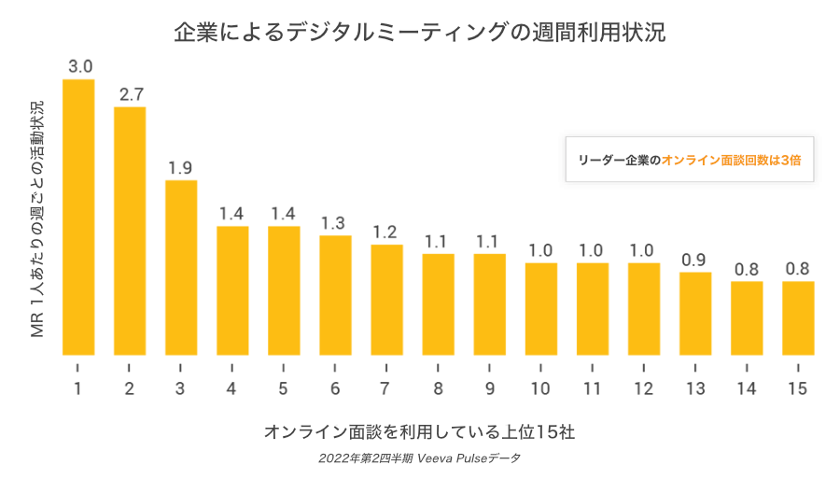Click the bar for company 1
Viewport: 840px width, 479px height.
(78, 217)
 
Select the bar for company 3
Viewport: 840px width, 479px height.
(181, 267)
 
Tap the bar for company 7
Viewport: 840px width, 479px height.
(386, 299)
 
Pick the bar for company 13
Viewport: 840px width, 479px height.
(695, 313)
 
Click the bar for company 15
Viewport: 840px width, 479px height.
(798, 317)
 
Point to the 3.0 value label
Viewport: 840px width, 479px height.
(79, 66)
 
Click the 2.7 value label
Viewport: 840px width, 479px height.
(131, 94)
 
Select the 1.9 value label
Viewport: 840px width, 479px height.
(181, 168)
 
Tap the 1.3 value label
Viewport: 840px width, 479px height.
(335, 223)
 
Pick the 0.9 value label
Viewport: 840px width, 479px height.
(694, 260)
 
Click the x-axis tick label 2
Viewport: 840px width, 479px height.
(130, 386)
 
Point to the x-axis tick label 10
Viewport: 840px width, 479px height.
(540, 386)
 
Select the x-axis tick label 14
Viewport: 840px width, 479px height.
(747, 386)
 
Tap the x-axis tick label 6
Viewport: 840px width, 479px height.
(335, 386)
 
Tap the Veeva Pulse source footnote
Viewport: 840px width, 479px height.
(419, 458)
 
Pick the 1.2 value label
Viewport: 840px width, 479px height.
(386, 232)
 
